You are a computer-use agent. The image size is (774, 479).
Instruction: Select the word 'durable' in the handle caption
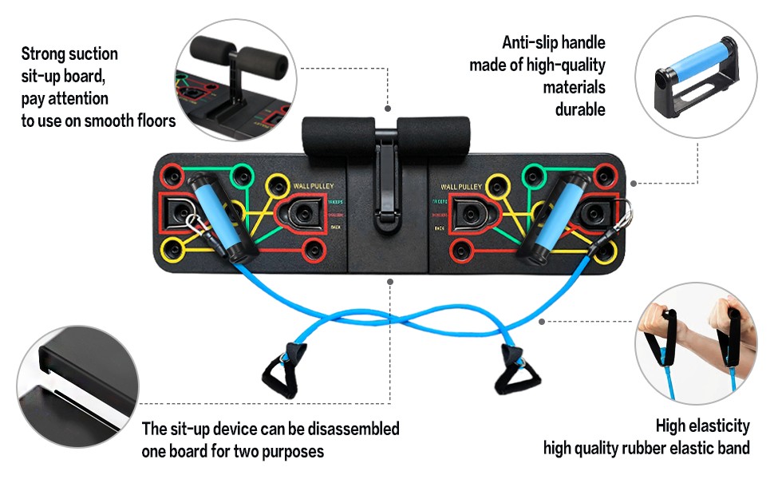[580, 109]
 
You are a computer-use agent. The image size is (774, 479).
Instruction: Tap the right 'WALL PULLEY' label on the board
[460, 187]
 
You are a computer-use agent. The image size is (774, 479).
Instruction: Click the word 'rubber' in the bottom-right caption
[665, 448]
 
